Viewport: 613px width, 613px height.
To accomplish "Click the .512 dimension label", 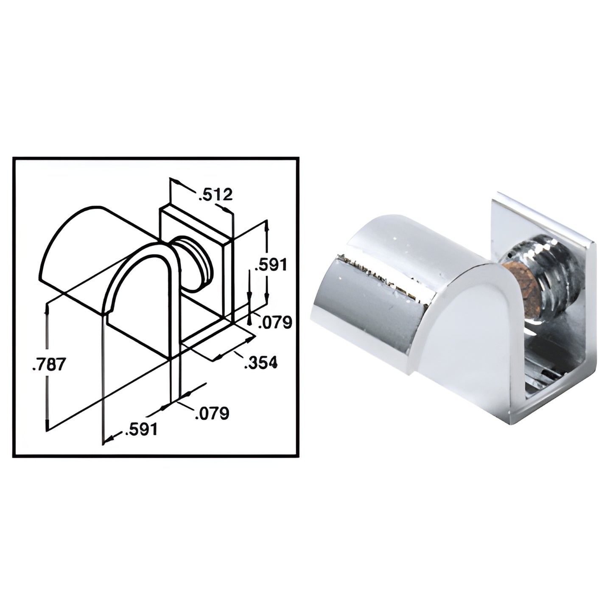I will (215, 195).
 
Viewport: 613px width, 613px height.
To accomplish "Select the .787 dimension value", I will (49, 364).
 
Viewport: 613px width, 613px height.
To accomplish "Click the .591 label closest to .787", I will (141, 430).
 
